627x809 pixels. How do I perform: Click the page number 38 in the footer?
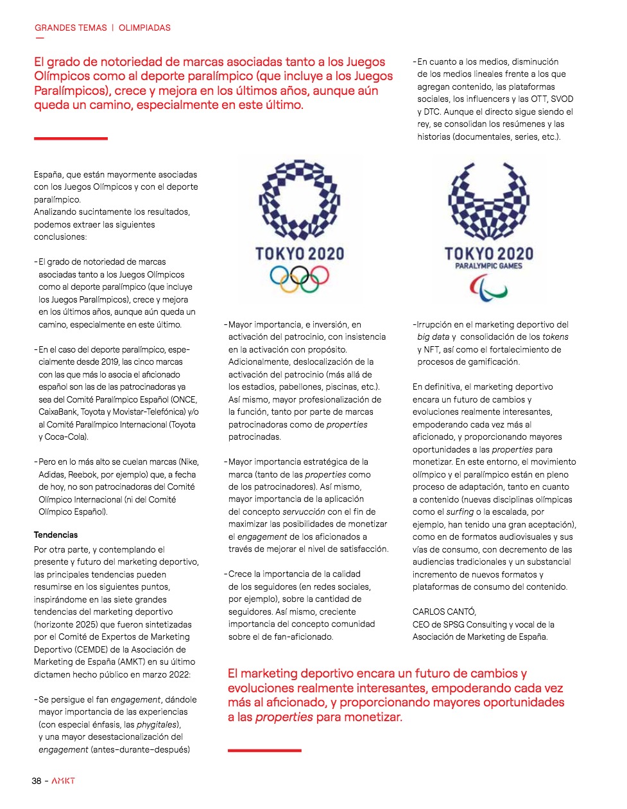37,781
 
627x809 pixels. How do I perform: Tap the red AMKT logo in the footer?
64,781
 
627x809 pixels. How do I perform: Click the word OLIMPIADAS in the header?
144,28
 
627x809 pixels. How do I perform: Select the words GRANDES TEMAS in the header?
71,28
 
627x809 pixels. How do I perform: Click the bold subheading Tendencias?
56,535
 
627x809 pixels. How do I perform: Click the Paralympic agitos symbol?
488,287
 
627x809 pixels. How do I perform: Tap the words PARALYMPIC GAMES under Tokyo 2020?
488,266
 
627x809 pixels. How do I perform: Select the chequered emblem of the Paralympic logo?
488,202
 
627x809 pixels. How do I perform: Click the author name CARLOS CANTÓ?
444,612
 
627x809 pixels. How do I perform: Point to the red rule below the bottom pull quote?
264,750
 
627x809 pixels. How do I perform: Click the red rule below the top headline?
71,138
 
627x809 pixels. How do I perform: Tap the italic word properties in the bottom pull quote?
284,717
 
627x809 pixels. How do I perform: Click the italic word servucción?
304,512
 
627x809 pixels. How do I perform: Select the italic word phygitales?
156,724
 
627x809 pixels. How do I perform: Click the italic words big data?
433,337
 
